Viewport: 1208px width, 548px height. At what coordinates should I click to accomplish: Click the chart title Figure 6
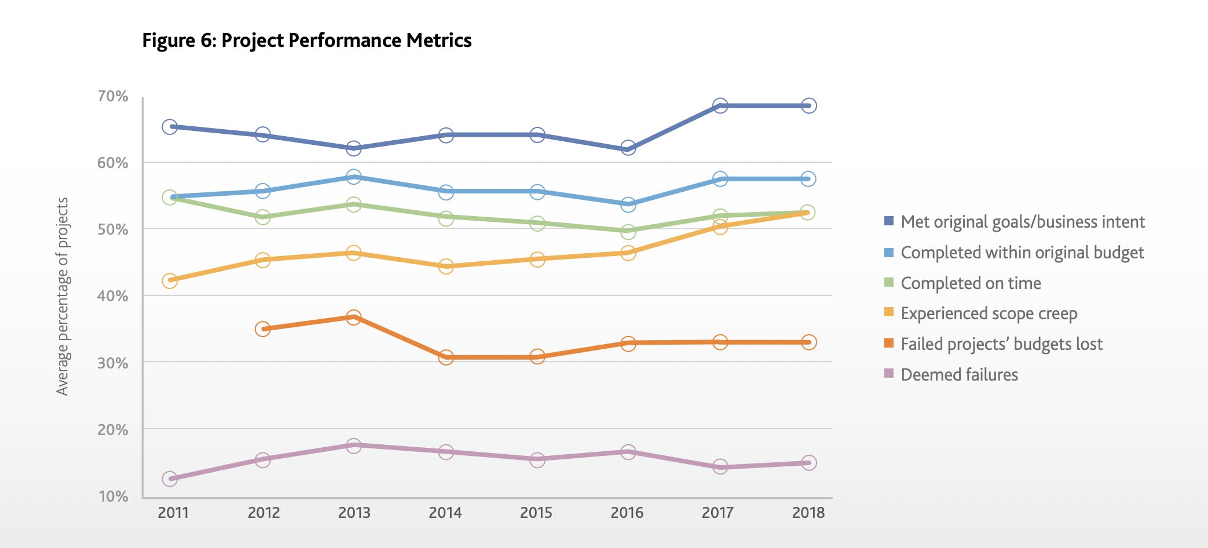306,41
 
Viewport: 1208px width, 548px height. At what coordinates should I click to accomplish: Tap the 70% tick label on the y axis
112,96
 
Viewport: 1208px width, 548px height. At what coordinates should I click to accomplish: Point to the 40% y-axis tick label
112,296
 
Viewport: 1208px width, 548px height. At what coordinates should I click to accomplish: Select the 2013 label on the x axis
354,513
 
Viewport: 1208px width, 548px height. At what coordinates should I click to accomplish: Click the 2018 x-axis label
808,513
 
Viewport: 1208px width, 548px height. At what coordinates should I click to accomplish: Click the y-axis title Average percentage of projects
63,296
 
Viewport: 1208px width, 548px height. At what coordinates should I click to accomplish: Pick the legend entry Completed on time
971,283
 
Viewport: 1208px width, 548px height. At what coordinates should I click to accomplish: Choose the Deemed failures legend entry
959,375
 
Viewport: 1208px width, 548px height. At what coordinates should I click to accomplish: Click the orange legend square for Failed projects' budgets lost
889,344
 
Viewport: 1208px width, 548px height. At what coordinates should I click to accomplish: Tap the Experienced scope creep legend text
989,313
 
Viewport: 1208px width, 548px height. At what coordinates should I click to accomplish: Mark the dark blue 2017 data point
720,105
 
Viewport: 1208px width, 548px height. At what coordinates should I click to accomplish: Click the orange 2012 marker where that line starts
262,329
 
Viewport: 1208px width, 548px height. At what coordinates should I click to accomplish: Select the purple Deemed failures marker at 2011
170,478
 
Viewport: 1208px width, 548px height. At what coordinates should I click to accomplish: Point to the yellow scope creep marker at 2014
446,266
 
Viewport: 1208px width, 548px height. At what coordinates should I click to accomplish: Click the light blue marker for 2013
354,177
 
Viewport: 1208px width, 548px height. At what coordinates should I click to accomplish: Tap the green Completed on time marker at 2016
628,231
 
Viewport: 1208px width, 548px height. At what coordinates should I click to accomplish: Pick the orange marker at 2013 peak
354,317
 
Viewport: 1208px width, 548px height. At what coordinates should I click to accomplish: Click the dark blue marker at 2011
170,126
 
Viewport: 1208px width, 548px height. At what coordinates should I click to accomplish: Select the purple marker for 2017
720,466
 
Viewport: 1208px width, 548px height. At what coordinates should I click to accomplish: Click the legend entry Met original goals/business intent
1022,222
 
